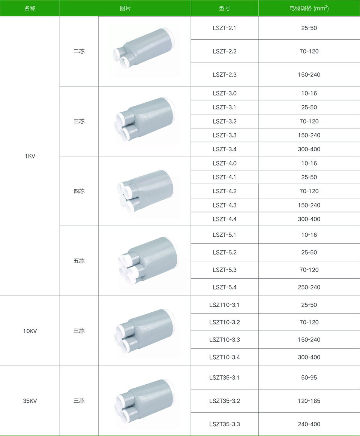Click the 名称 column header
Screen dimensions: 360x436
tap(30, 8)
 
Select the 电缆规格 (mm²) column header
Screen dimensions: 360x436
tap(309, 8)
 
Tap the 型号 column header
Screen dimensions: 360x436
tap(224, 8)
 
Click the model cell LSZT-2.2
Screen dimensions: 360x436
tap(224, 51)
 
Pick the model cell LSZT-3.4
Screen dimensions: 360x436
tap(224, 149)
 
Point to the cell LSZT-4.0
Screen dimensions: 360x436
tap(224, 163)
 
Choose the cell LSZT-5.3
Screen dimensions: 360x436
tap(224, 270)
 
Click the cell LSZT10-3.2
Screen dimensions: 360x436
tap(224, 322)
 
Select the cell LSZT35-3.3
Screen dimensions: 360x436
tap(224, 424)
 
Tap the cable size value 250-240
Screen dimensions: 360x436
tap(309, 287)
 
